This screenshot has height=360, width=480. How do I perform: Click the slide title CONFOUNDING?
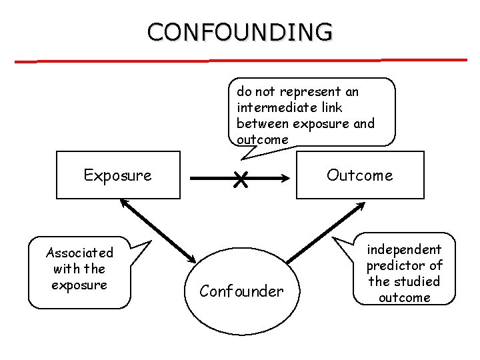240,31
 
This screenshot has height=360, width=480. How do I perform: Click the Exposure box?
118,175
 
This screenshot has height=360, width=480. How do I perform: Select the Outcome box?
360,175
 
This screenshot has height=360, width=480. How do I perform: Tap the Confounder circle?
242,290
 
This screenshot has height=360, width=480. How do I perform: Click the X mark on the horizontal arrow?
241,178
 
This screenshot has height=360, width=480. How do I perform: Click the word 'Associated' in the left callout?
79,253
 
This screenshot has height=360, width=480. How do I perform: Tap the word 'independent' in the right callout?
405,249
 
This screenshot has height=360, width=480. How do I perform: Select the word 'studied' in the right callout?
417,281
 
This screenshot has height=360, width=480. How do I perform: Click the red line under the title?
240,61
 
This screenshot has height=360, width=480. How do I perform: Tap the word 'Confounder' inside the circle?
242,291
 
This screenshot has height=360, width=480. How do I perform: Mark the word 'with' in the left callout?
65,269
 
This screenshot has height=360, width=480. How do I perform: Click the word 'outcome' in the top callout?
263,139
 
